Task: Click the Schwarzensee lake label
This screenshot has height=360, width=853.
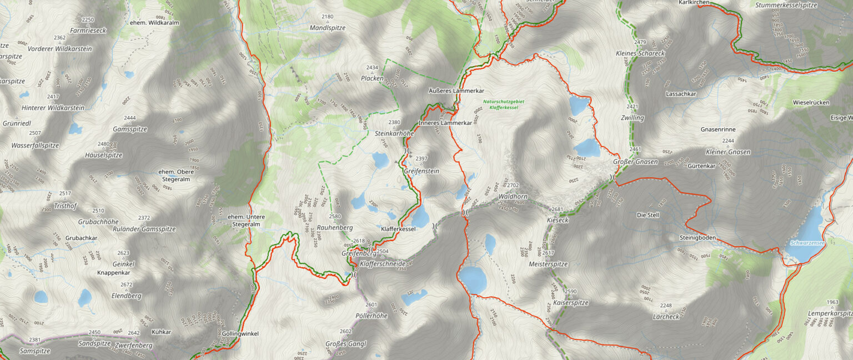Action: [804, 243]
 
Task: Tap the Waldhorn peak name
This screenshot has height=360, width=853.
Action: [512, 197]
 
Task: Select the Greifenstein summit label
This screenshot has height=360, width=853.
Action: [422, 171]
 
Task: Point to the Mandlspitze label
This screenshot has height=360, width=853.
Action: [328, 27]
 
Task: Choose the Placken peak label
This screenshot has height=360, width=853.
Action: [372, 78]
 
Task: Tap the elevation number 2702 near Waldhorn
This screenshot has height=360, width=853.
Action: [513, 185]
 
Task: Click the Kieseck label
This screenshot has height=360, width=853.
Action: [558, 220]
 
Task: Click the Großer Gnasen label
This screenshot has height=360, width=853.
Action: [635, 162]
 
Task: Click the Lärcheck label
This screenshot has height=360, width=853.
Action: [666, 317]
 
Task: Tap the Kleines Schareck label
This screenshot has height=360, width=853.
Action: [640, 53]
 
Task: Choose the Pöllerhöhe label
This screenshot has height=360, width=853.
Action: [371, 316]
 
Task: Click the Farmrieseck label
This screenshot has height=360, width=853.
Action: [88, 31]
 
